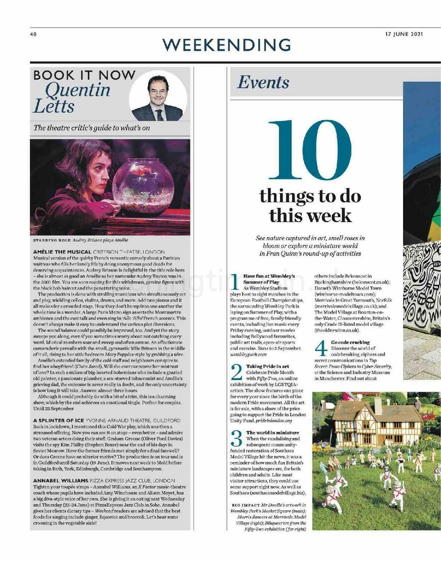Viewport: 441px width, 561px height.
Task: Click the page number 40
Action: [x=33, y=35]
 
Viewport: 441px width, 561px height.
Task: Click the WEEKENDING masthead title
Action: [x=227, y=45]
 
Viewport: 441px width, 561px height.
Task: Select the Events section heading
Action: [x=263, y=83]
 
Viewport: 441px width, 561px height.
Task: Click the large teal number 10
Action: [x=310, y=150]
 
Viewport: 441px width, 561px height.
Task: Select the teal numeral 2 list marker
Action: [x=236, y=372]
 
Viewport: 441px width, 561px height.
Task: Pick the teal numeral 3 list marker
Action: [x=236, y=439]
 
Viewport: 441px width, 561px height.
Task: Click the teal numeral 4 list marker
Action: [x=321, y=348]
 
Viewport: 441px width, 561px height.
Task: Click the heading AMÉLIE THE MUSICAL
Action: [x=62, y=252]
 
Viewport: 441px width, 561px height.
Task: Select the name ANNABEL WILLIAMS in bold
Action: [x=61, y=481]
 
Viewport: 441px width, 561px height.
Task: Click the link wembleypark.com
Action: [x=248, y=354]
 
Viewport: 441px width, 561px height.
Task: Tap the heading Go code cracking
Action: [x=350, y=342]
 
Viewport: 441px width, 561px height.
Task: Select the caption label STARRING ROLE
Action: [x=51, y=240]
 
